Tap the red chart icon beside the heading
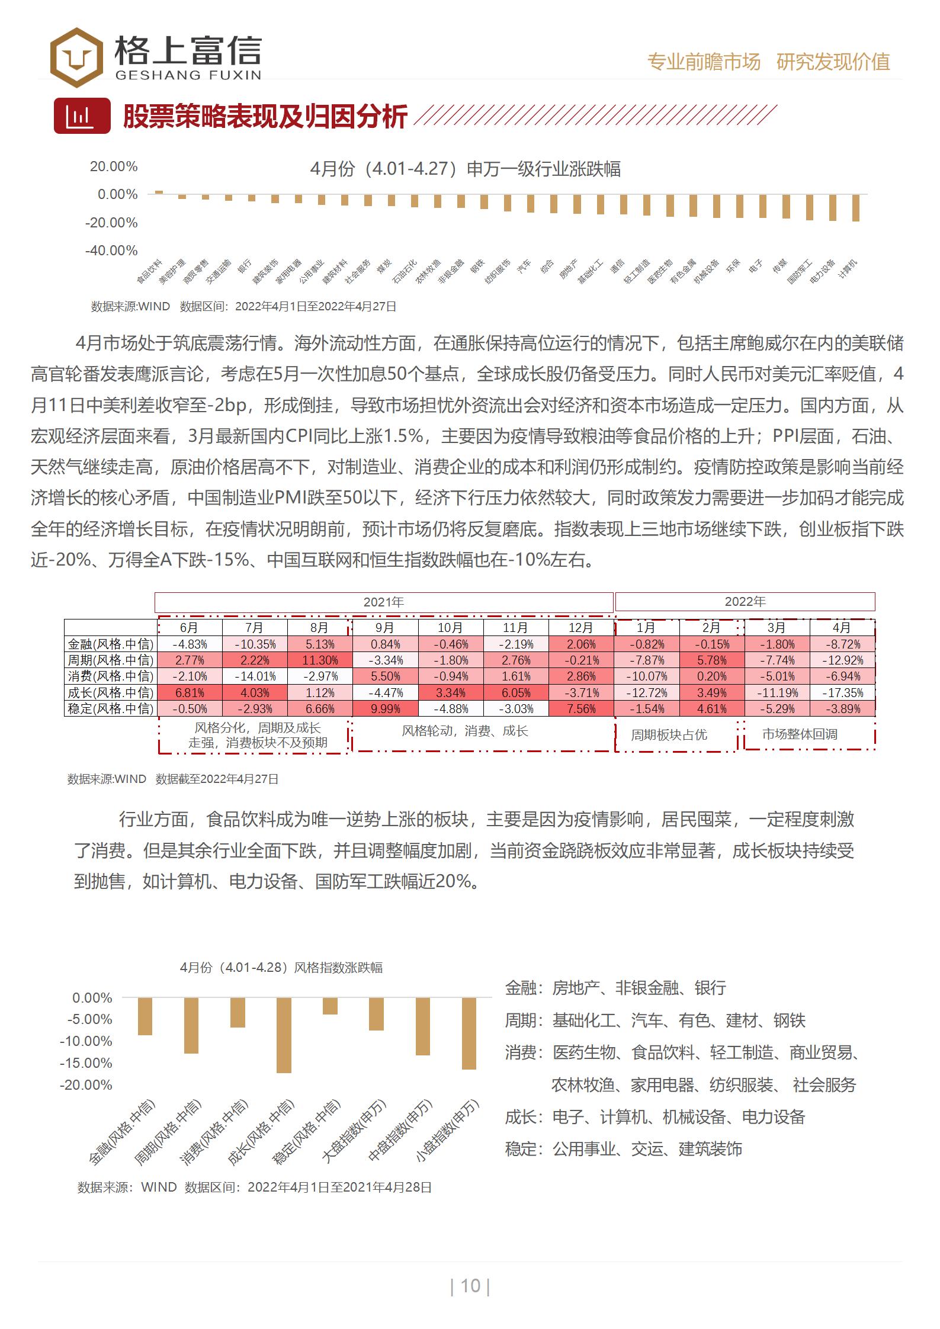pos(82,115)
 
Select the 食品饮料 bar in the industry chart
pos(159,192)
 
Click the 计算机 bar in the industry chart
pos(856,208)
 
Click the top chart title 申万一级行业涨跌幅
pos(466,169)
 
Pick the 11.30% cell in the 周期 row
pos(319,660)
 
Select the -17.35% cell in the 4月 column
pos(842,692)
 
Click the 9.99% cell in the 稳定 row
pos(385,709)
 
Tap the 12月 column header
pos(580,628)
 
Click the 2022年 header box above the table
pos(745,602)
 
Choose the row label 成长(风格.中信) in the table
pos(111,692)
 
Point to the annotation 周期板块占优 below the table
pos(669,735)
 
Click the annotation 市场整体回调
pos(800,734)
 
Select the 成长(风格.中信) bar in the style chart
pos(284,1035)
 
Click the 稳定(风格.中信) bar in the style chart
pos(330,1006)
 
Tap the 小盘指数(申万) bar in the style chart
pos(469,1033)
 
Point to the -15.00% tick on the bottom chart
pos(86,1062)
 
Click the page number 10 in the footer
pos(470,1286)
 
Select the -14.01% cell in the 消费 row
pos(255,676)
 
